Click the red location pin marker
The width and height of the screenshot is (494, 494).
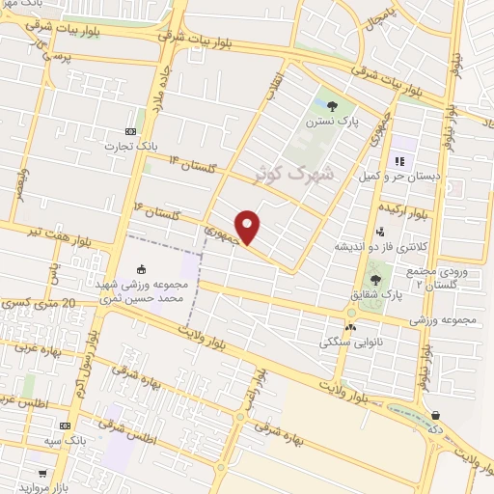[248, 227]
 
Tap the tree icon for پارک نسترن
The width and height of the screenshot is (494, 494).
[332, 107]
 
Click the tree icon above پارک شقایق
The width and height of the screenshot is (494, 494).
[375, 280]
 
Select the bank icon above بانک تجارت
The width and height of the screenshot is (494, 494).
[131, 131]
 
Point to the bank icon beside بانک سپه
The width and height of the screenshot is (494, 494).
[66, 425]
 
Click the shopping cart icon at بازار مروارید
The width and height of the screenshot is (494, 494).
[42, 474]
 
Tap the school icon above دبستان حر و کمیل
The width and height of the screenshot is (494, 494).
[398, 161]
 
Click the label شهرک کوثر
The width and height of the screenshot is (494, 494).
[296, 175]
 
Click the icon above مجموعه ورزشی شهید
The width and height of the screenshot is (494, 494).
[143, 270]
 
